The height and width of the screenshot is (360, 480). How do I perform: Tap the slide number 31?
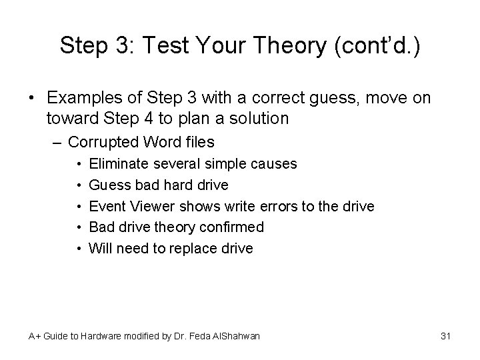(x=446, y=336)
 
